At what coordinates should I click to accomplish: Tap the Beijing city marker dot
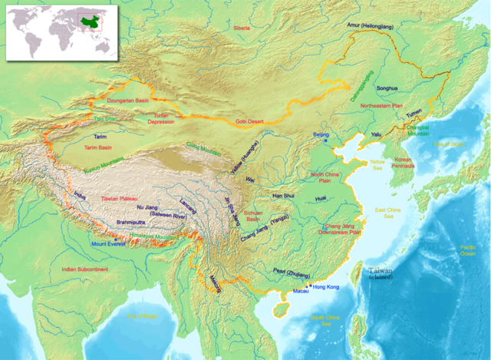(325, 141)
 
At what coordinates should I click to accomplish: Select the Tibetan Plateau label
(119, 199)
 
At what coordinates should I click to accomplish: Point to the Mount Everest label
(108, 243)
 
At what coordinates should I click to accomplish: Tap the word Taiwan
(380, 270)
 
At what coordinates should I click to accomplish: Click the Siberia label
(242, 28)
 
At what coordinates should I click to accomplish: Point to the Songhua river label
(387, 88)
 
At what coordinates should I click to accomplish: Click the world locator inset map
(54, 30)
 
